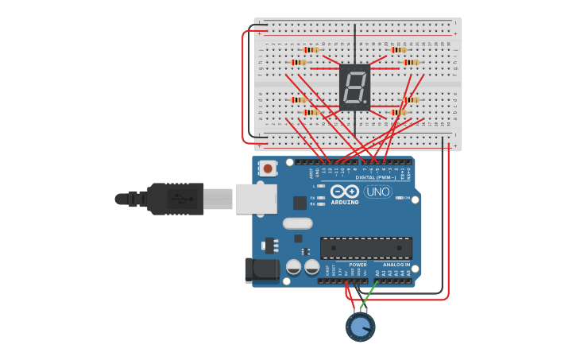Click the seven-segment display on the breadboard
coord(354,87)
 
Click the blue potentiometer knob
coord(360,327)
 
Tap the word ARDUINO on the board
coord(345,202)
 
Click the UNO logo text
coord(378,192)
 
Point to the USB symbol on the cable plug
coord(184,199)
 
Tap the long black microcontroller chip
coord(365,247)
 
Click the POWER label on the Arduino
coord(358,265)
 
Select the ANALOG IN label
coord(396,265)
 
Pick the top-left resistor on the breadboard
coord(311,50)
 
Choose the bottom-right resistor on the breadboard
coord(398,112)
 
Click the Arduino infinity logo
coord(345,191)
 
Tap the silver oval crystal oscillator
coord(297,223)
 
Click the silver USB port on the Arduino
coord(256,199)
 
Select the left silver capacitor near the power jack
coord(293,267)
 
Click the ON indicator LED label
coord(407,198)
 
